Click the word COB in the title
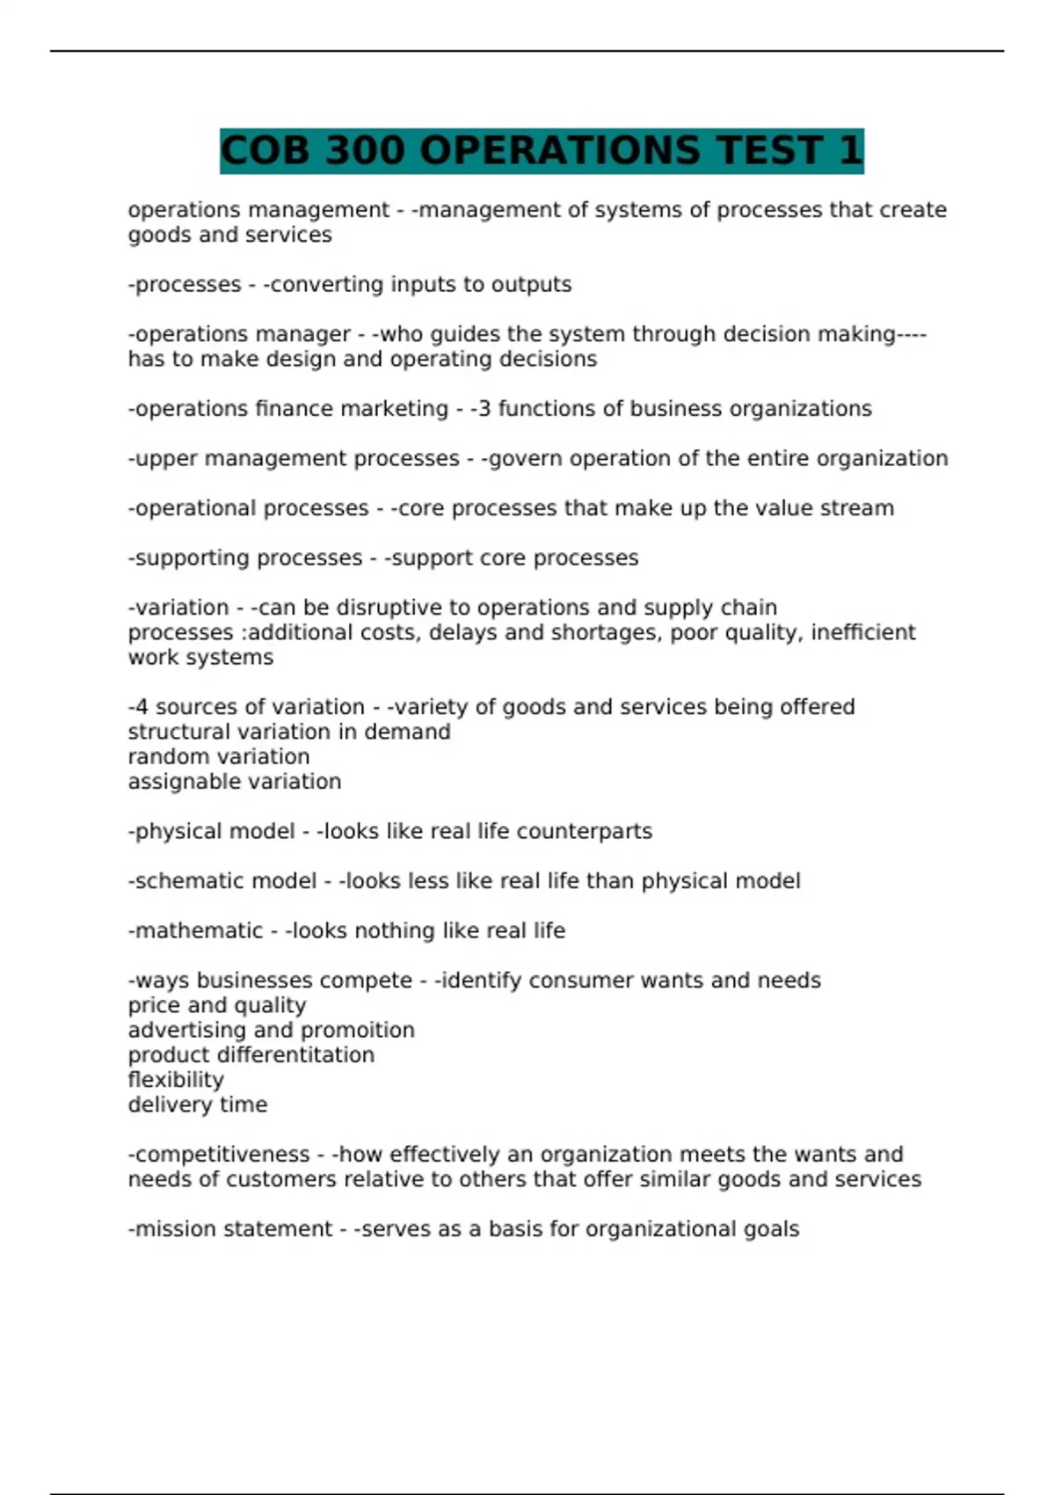(x=265, y=150)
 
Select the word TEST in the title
(x=769, y=150)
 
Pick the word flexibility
(x=176, y=1080)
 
